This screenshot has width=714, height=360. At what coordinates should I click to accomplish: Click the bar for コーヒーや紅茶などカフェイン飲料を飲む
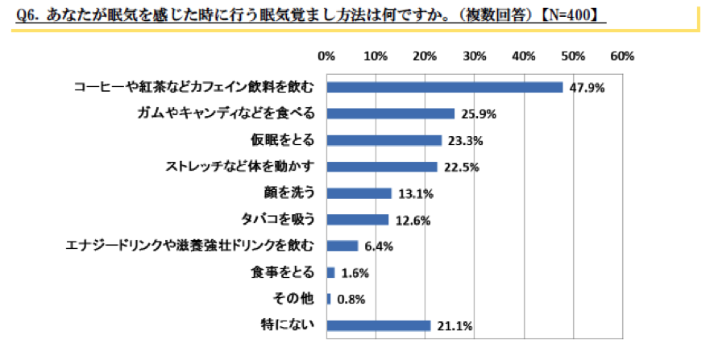[x=445, y=87]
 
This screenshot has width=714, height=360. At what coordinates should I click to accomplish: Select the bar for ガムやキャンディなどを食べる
[x=391, y=114]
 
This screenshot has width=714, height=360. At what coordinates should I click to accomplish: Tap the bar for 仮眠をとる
[x=384, y=140]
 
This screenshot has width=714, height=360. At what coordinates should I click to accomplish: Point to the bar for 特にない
[x=379, y=325]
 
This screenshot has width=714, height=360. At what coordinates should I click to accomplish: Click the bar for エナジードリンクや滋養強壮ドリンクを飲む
[x=342, y=246]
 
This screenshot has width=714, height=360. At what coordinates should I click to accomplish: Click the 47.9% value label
[x=587, y=88]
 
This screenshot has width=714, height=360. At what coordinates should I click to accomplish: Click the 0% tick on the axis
[x=326, y=56]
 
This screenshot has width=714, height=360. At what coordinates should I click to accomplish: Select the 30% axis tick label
[x=475, y=56]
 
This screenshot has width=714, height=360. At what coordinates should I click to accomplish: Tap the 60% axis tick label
[x=623, y=56]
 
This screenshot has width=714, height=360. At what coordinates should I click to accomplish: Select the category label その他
[x=302, y=299]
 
